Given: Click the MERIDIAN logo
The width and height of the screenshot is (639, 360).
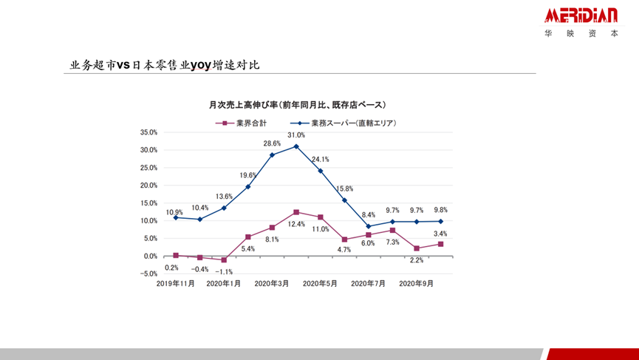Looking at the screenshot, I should point(581,16).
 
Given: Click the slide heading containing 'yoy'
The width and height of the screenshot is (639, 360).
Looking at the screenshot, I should point(164,65).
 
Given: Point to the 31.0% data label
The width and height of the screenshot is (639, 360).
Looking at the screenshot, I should point(296,135).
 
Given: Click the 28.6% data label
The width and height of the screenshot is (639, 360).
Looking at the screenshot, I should point(272,143).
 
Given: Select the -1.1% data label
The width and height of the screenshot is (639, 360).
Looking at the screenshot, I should point(224,271).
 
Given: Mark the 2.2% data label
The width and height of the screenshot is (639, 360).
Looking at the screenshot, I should point(417,260).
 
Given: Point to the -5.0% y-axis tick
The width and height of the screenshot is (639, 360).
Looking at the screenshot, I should point(148,274).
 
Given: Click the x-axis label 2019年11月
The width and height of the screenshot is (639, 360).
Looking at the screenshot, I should point(176,283).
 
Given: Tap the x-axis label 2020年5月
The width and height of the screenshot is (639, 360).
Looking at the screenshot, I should point(320,283).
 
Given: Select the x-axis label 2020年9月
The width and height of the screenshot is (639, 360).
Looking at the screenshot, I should point(417,283).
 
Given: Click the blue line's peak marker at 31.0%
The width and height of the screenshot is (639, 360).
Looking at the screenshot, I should point(296,146).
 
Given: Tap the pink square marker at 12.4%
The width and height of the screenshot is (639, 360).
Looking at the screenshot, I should point(296,212).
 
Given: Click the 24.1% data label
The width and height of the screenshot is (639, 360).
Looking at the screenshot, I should point(320,159).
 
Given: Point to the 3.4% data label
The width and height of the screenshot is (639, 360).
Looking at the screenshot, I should point(440,234).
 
